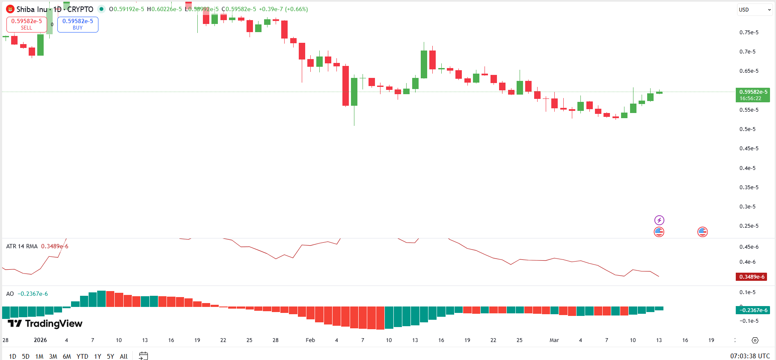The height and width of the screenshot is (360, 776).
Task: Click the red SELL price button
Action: [27, 24]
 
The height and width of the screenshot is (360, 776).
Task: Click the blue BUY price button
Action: [77, 24]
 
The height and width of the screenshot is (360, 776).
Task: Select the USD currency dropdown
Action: [754, 9]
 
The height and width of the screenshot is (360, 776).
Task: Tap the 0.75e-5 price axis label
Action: [749, 33]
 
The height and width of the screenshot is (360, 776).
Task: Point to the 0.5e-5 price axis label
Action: [747, 129]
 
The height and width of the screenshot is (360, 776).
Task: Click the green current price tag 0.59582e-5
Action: [752, 95]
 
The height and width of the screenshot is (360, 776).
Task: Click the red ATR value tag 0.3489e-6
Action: [751, 277]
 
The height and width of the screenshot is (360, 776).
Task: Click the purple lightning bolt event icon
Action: [659, 220]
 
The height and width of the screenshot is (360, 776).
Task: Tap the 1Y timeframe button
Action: [98, 356]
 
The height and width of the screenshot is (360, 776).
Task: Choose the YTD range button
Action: [82, 356]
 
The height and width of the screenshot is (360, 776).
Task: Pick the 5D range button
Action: [26, 356]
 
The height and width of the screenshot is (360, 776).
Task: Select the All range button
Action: [124, 356]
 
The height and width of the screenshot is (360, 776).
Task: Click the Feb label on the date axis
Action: [310, 340]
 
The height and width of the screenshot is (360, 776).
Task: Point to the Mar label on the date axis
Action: [554, 340]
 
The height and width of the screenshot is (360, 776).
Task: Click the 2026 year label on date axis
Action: [40, 340]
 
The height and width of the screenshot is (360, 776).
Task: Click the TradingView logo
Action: [45, 324]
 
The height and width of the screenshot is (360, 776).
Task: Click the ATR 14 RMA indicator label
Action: [22, 246]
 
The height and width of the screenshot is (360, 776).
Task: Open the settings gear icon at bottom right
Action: [755, 340]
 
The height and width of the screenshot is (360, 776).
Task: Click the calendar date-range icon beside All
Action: [143, 356]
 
